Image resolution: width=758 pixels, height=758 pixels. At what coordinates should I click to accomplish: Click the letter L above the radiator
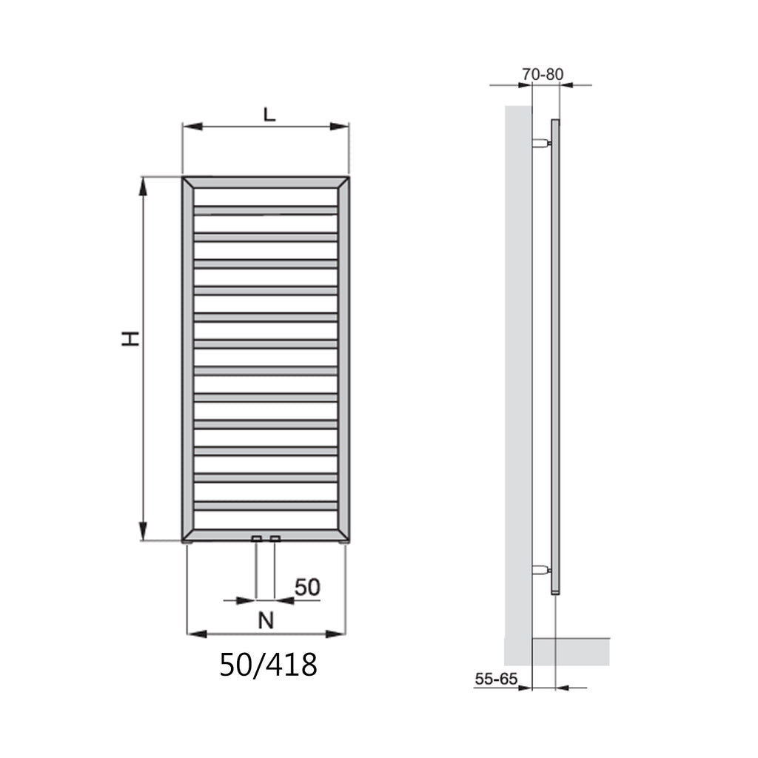[x=269, y=114]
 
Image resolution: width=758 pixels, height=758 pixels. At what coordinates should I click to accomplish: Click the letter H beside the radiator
[x=130, y=339]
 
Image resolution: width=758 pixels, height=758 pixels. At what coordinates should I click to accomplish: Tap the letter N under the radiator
[x=266, y=620]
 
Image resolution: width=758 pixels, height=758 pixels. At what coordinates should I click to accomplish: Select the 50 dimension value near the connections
[x=307, y=588]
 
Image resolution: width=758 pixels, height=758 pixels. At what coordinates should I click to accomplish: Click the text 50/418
[x=268, y=665]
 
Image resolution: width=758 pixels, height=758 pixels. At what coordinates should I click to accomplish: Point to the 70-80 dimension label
[x=543, y=74]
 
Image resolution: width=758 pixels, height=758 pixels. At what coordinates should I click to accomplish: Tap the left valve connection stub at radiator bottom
[x=256, y=538]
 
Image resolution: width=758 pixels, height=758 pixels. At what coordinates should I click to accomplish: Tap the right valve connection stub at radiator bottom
[x=275, y=538]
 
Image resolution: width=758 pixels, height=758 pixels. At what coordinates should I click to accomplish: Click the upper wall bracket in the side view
[x=542, y=142]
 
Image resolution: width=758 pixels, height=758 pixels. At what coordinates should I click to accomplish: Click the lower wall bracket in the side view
[x=542, y=570]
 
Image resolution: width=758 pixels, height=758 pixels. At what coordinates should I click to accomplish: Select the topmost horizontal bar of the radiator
[x=266, y=210]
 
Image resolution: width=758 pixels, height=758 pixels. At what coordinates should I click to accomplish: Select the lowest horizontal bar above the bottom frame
[x=266, y=506]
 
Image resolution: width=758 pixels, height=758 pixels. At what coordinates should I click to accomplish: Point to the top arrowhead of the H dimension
[x=143, y=186]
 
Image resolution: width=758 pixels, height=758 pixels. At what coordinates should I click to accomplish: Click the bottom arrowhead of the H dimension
[x=143, y=531]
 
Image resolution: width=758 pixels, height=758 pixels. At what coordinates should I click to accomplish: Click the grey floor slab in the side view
[x=571, y=651]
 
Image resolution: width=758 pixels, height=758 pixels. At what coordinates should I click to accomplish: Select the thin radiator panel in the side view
[x=556, y=355]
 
